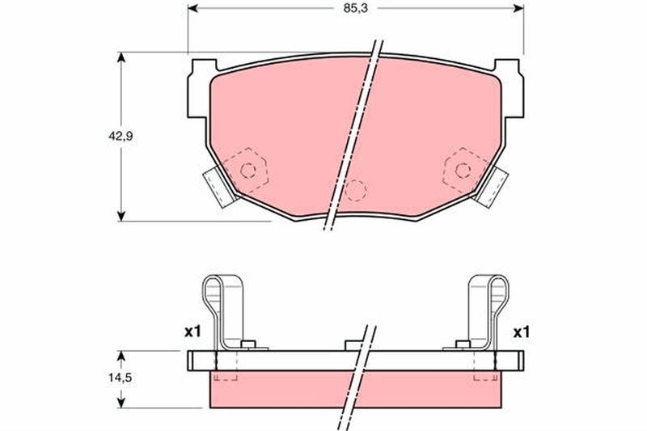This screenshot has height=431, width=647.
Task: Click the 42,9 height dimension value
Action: click(x=121, y=137)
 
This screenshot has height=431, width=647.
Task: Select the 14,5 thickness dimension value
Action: click(x=120, y=378)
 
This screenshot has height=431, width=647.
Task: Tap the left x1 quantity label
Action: click(x=192, y=332)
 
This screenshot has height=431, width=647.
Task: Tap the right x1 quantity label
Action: click(x=521, y=332)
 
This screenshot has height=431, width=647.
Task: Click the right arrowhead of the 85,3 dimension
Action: click(x=518, y=8)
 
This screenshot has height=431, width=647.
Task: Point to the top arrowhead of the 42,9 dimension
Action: click(x=121, y=57)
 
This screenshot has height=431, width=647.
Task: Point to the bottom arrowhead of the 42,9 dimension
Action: click(x=121, y=216)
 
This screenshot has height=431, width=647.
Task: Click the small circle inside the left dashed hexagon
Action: click(x=248, y=171)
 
